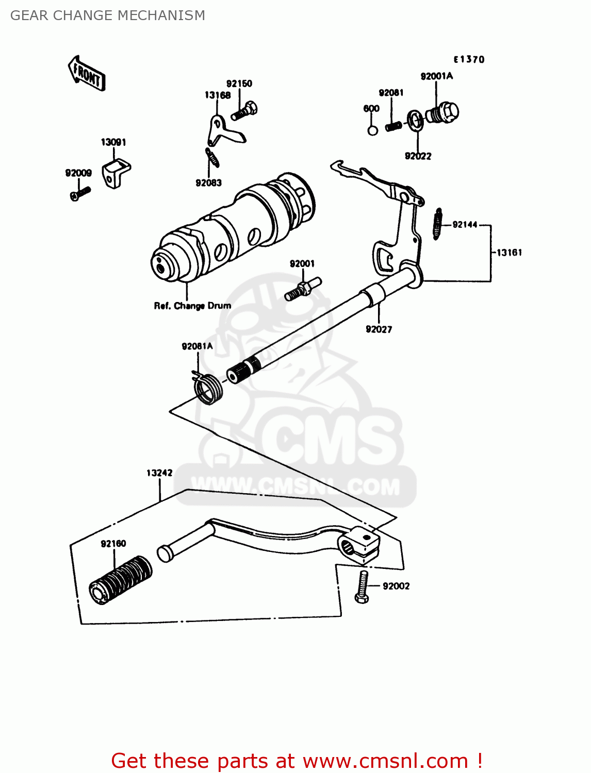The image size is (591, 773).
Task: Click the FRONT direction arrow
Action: (87, 74)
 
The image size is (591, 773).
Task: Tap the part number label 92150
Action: (239, 83)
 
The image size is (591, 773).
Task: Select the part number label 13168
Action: (217, 95)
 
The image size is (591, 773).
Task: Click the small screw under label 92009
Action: (80, 194)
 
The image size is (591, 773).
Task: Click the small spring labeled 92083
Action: (212, 158)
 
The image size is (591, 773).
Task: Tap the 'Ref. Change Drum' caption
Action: (192, 306)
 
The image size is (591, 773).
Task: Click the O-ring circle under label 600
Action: (372, 130)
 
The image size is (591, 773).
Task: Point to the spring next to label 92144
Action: (438, 224)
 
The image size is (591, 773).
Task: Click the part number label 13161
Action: (509, 253)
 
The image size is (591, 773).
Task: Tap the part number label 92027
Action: (379, 329)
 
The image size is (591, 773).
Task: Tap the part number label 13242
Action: (159, 473)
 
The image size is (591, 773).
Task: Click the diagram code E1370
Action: (469, 59)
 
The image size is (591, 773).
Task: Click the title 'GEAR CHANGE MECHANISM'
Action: (107, 15)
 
